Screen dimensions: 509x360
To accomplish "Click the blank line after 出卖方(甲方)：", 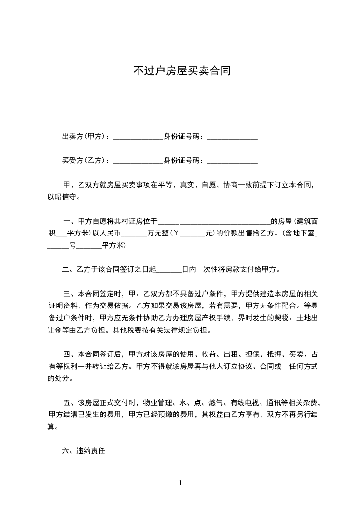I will (x=138, y=138).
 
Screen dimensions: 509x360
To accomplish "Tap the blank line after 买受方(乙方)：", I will (x=138, y=162).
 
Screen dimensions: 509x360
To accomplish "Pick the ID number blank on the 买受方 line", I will (x=232, y=162).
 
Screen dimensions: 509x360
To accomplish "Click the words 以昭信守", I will (x=63, y=197).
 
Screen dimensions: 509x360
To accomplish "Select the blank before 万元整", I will (x=132, y=235).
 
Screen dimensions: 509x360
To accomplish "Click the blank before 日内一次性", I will (x=169, y=270).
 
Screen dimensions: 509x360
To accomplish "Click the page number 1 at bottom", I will (x=180, y=483).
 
